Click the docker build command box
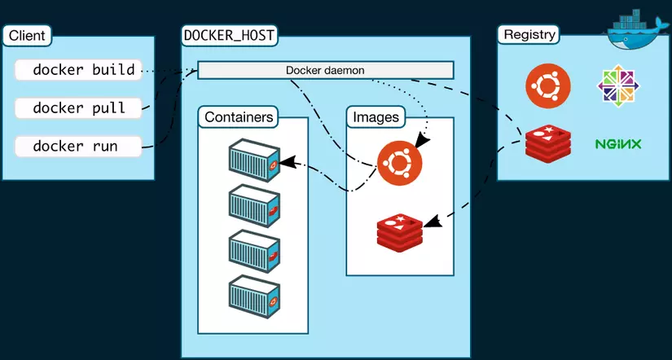tap(78, 70)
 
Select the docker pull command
tap(78, 108)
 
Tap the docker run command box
tap(78, 146)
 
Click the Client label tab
tap(28, 36)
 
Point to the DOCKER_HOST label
tap(229, 36)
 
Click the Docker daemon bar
tap(325, 70)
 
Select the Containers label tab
tap(239, 117)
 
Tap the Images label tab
tap(376, 117)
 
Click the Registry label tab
tap(529, 35)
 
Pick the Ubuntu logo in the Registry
tap(547, 86)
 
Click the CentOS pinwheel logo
tap(618, 86)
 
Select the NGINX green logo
tap(618, 144)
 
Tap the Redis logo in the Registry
tap(548, 144)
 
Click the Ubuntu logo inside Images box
tap(399, 163)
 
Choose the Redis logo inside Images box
tap(400, 233)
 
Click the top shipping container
tap(254, 160)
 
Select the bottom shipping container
tap(254, 297)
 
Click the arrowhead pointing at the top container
tap(288, 161)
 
